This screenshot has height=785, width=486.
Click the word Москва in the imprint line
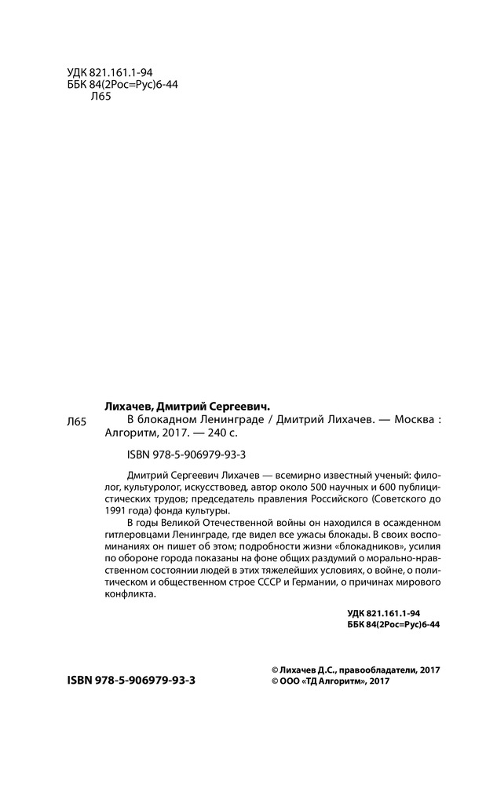[x=409, y=419]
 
